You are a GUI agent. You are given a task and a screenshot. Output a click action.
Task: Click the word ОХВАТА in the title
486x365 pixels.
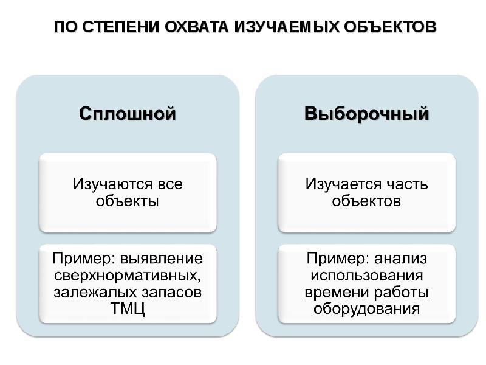[x=196, y=27]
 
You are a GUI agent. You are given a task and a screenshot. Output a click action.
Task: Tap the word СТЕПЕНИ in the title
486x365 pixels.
[x=121, y=27]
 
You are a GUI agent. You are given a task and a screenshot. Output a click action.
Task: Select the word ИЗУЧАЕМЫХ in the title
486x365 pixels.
[x=287, y=27]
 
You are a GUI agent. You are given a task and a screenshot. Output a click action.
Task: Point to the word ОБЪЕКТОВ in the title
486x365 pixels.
[x=390, y=27]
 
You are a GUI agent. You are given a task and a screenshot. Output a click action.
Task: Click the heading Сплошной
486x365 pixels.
[x=128, y=114]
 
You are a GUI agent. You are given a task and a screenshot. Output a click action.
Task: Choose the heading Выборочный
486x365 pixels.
[x=367, y=114]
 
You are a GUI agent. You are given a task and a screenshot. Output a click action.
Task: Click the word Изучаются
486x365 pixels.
[x=112, y=184]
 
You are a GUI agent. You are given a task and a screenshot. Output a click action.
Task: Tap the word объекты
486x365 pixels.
[x=128, y=201]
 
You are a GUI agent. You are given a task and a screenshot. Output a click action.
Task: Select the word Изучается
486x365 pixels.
[x=343, y=184]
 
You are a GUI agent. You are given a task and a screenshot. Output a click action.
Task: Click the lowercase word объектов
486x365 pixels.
[x=366, y=201]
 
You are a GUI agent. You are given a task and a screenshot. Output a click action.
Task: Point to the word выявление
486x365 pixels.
[x=162, y=259]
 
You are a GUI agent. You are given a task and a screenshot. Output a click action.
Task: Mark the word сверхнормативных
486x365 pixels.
[x=128, y=276]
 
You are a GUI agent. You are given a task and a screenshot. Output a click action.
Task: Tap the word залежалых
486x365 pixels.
[x=95, y=293]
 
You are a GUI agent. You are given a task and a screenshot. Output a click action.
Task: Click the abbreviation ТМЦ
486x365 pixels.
[x=128, y=309]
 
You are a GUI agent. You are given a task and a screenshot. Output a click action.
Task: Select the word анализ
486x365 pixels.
[x=400, y=259]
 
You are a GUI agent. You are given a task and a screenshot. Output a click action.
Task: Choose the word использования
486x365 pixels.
[x=367, y=276]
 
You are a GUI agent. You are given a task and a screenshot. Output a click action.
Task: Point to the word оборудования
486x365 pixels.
[x=366, y=309]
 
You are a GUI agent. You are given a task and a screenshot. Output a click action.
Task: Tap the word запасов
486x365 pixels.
[x=172, y=293]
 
